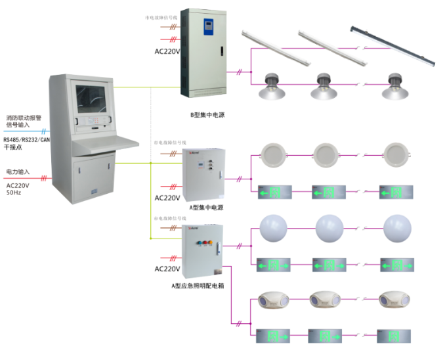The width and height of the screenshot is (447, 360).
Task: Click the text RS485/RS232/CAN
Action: [26, 139]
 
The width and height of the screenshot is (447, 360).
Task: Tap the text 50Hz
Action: [14, 193]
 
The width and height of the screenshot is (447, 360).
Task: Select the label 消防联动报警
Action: [24, 118]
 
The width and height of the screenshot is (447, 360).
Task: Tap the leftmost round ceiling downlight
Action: [270, 155]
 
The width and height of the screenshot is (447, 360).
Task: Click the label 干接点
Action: [14, 148]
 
